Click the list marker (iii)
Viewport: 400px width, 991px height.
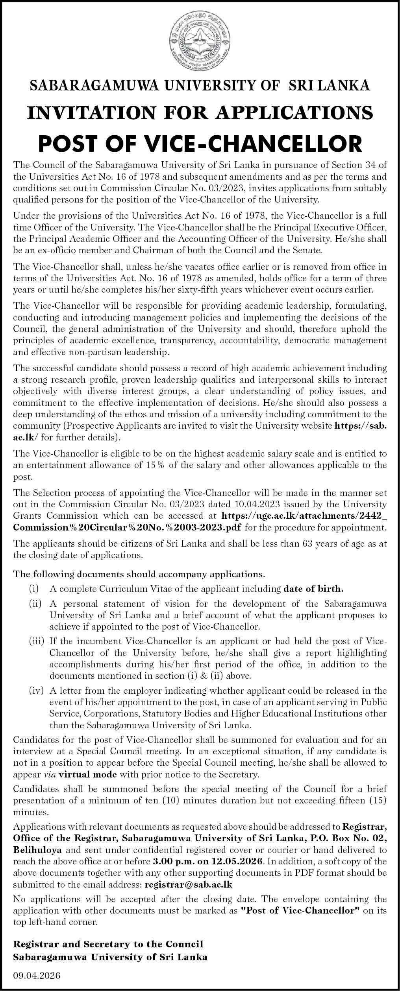pyautogui.click(x=37, y=641)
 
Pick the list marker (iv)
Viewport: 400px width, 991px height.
pyautogui.click(x=37, y=691)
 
